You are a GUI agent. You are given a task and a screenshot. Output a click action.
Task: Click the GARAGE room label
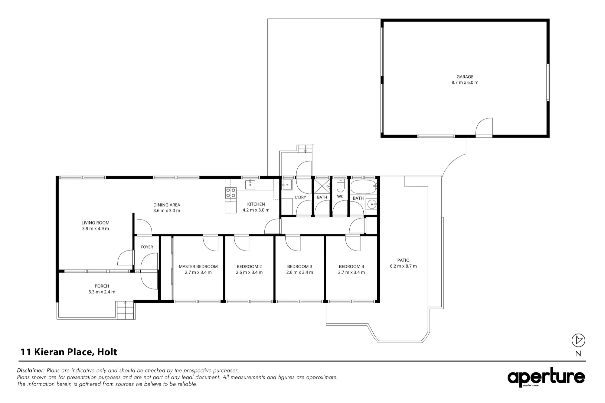(465, 77)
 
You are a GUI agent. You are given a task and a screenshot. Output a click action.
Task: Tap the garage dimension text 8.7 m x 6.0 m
(465, 82)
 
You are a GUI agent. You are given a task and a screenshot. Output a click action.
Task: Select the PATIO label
(403, 260)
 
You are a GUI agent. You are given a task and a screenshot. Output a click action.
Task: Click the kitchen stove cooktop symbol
(231, 193)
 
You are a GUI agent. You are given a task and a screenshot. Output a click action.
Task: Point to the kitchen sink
(250, 184)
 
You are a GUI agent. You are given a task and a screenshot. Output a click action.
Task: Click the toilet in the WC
(340, 186)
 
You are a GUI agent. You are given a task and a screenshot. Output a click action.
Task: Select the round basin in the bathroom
(371, 205)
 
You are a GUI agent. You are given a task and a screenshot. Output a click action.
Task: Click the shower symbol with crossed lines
(322, 186)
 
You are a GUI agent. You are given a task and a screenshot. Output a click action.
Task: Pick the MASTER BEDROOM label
(198, 266)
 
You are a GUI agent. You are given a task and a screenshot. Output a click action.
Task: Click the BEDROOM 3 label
(299, 266)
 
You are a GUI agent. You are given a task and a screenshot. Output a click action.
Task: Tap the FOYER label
(147, 247)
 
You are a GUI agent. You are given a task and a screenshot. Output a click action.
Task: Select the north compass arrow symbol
(578, 340)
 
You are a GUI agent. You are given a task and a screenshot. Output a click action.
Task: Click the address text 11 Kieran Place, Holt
(69, 352)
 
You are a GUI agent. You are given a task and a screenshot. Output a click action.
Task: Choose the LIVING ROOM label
(95, 223)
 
